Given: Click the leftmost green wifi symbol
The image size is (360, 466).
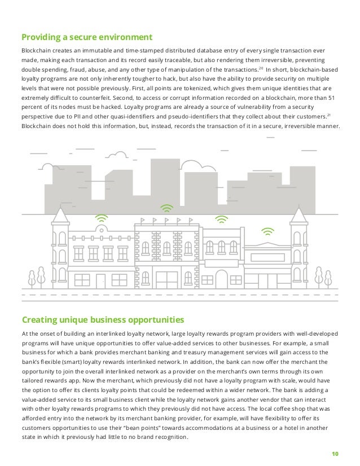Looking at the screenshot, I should (101, 217).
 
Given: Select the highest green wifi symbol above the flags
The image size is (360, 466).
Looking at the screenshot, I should (165, 207).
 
